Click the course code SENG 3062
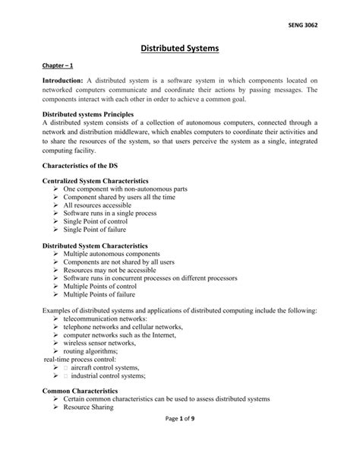[x=302, y=26]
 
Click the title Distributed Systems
[x=179, y=49]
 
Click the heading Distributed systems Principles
[x=87, y=114]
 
